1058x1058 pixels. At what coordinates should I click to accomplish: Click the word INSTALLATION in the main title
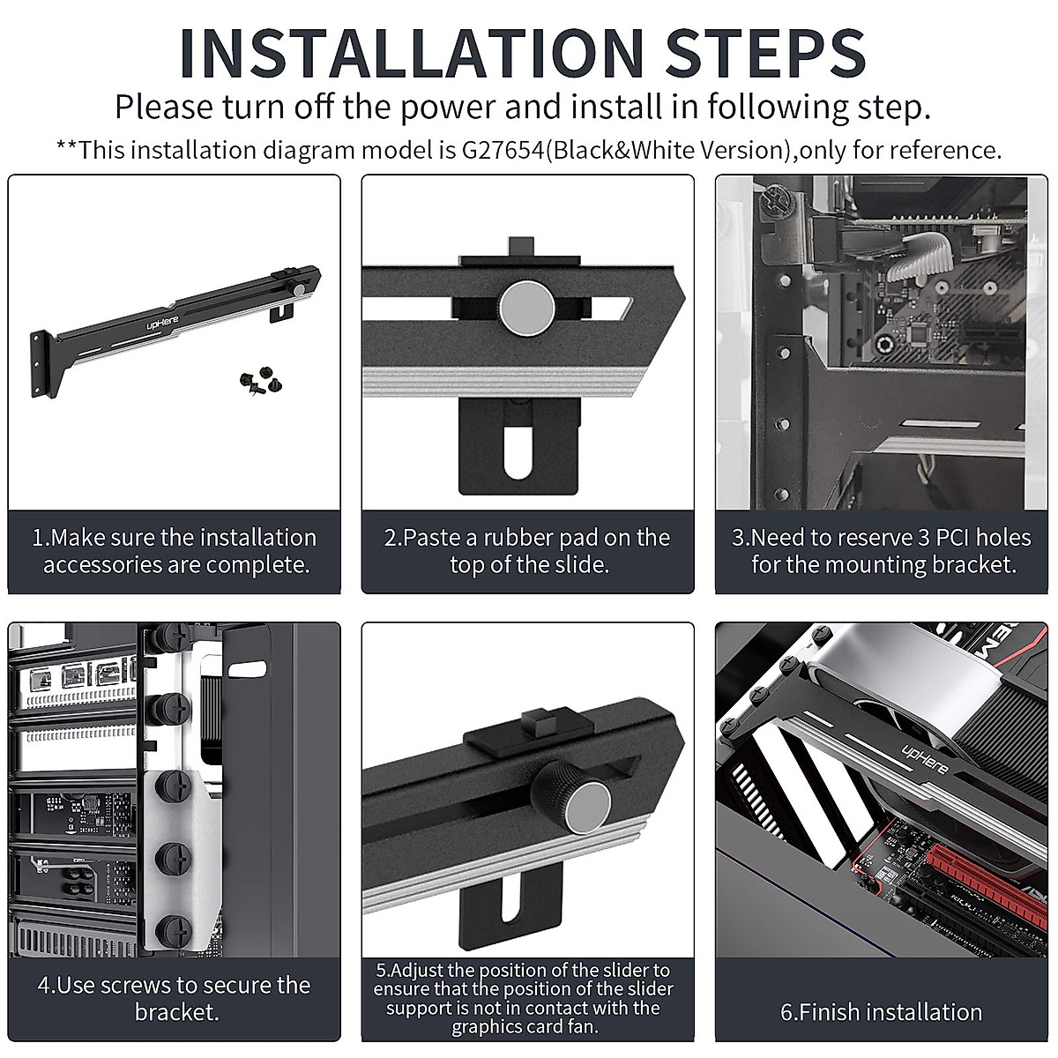[x=412, y=52]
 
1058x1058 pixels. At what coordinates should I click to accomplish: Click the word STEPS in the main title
[x=765, y=52]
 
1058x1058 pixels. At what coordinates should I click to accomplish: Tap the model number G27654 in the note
[x=503, y=150]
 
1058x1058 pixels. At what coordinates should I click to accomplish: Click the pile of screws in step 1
[x=261, y=380]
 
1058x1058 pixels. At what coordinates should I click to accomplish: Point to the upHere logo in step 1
[x=162, y=323]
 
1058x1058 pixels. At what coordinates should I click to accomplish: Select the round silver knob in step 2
[x=527, y=308]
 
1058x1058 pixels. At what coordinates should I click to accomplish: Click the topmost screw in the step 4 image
[x=172, y=637]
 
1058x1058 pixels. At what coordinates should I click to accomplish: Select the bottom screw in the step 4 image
[x=174, y=931]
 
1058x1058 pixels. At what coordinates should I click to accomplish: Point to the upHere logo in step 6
[x=925, y=759]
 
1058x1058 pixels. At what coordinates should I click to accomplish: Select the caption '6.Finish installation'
[x=881, y=1012]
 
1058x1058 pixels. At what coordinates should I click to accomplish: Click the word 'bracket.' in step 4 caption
[x=177, y=1012]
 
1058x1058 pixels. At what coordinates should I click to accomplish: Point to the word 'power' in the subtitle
[x=448, y=108]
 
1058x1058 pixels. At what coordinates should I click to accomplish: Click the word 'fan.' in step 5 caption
[x=581, y=1026]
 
